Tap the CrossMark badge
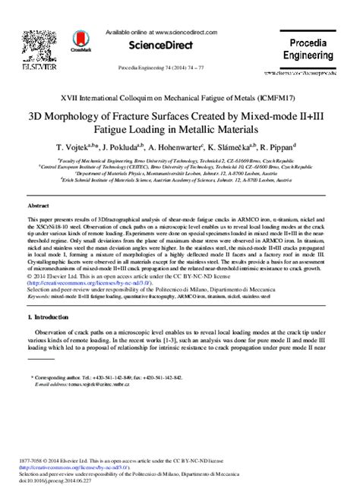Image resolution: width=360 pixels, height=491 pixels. tap(80, 40)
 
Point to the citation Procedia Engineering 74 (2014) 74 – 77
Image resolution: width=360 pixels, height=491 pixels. tap(180, 68)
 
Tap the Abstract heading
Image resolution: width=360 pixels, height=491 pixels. tap(39, 205)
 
